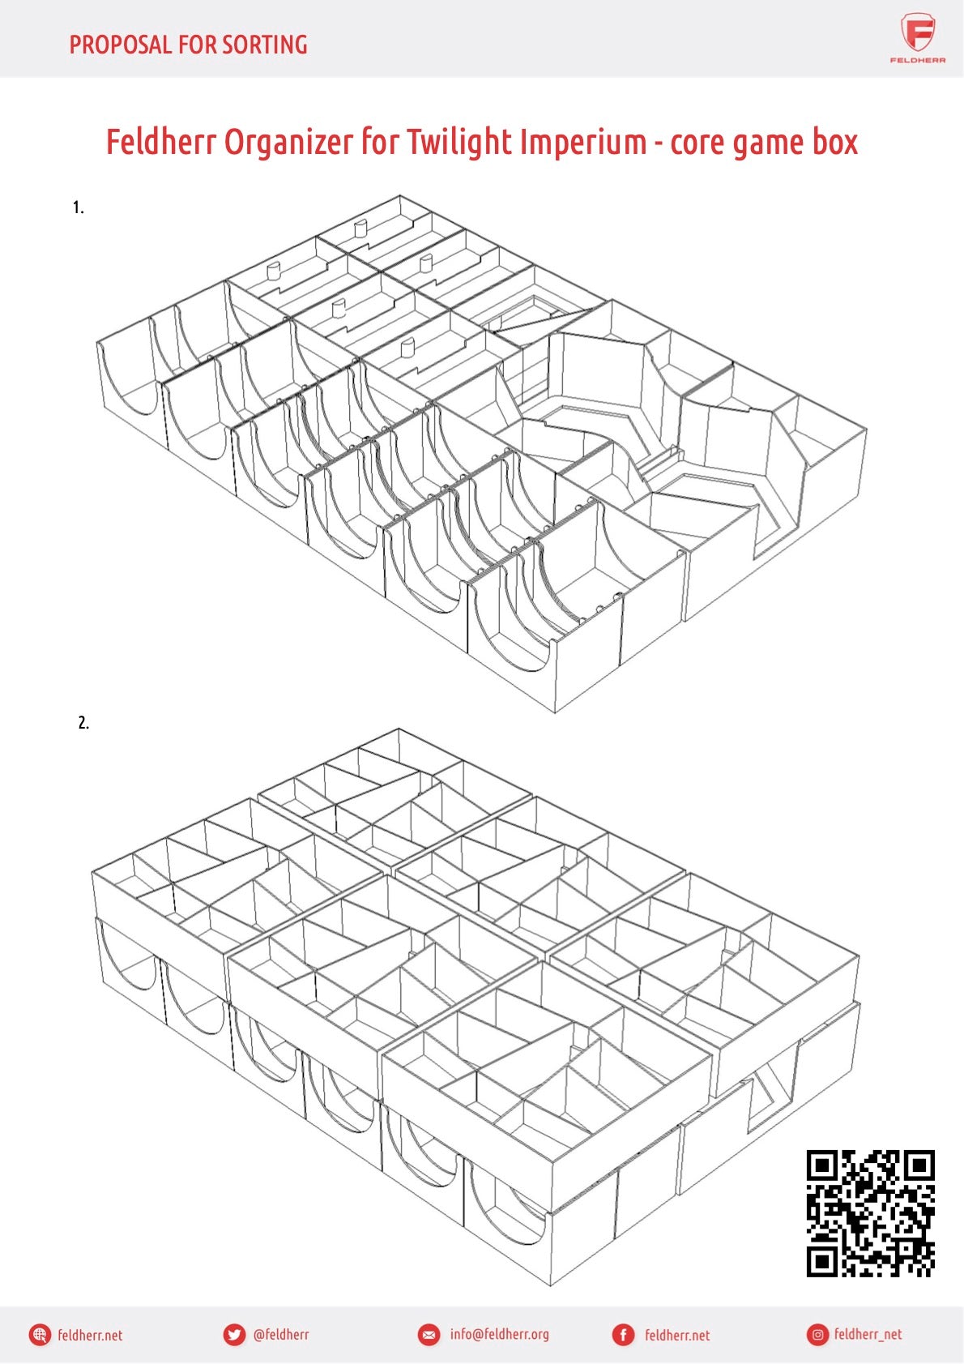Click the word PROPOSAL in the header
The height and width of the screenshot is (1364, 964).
[121, 45]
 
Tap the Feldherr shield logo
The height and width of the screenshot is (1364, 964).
[918, 33]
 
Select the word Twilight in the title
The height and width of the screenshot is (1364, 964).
[463, 143]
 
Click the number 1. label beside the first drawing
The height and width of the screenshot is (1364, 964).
[78, 207]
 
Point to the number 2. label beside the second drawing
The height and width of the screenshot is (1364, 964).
[83, 723]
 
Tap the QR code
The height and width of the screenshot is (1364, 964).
[870, 1213]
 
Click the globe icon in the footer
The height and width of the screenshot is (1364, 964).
[40, 1335]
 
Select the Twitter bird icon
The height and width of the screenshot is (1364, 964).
[234, 1335]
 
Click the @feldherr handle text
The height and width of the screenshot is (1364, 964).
[281, 1334]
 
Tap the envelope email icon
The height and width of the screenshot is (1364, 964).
[429, 1335]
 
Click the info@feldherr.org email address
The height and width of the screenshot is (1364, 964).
[500, 1334]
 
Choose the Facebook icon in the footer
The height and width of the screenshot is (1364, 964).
[623, 1335]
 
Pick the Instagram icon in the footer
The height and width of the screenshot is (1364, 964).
[818, 1335]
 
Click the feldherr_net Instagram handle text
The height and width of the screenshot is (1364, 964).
[868, 1335]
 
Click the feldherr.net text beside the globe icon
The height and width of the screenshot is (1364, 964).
[90, 1335]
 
